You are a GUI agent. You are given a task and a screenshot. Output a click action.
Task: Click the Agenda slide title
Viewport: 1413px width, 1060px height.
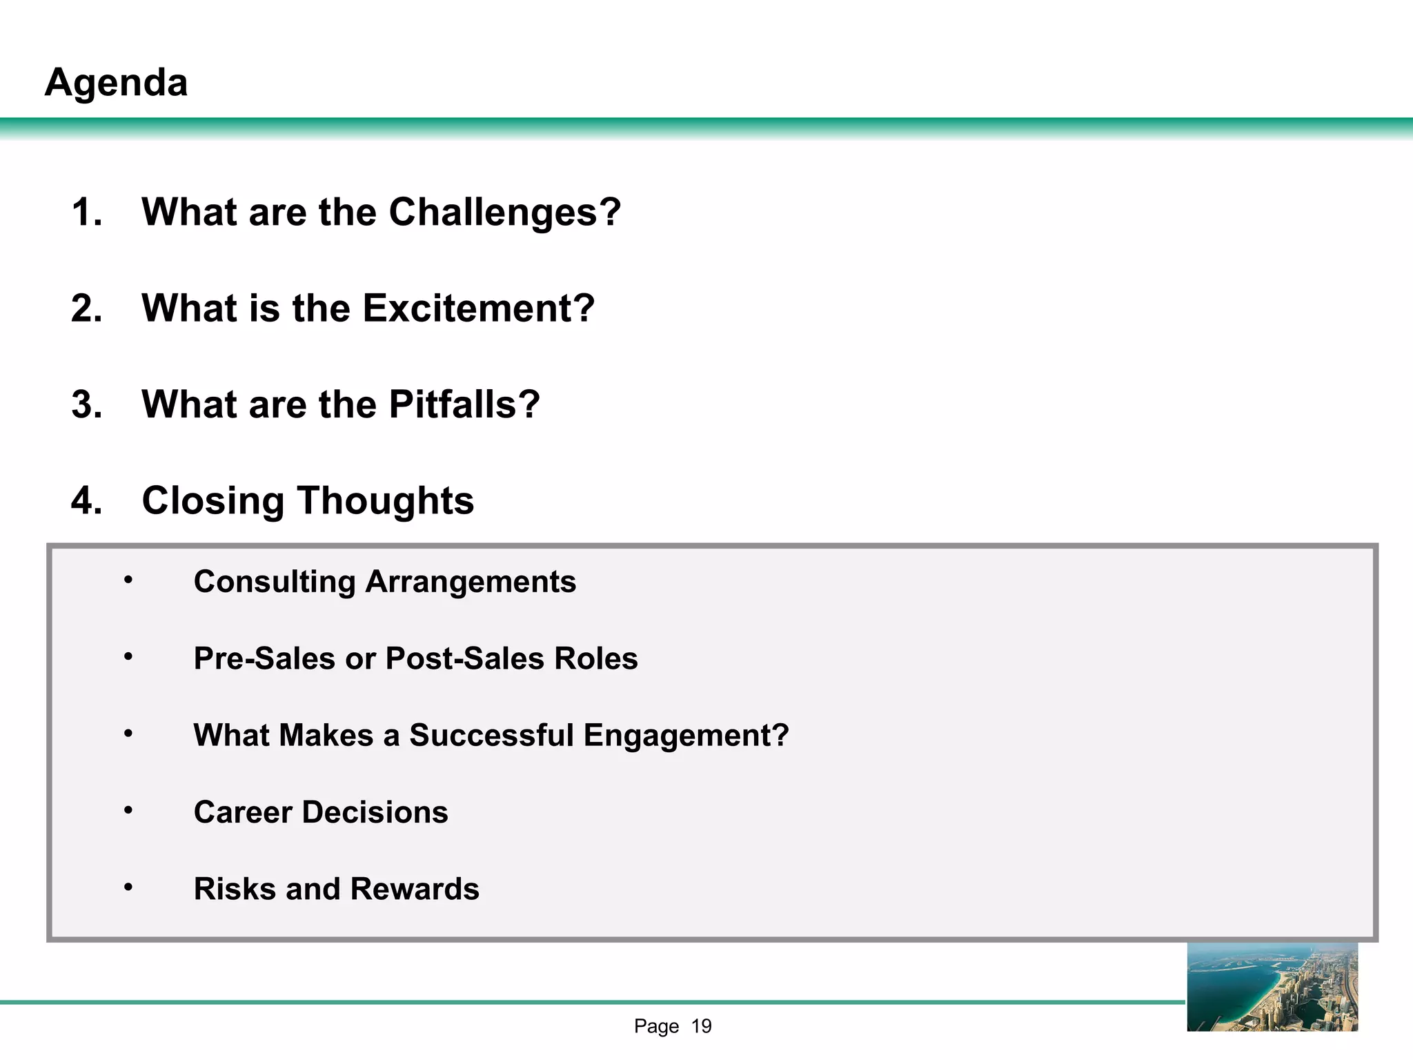tap(116, 83)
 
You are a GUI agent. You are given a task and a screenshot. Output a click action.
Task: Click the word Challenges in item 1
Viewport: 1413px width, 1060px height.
tap(504, 212)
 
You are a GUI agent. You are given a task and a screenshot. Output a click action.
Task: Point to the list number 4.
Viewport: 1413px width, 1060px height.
tap(86, 500)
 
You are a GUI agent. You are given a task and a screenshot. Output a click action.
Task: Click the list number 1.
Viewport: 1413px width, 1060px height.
tap(86, 212)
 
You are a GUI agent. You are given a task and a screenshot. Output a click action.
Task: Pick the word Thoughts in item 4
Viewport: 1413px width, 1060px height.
tap(386, 500)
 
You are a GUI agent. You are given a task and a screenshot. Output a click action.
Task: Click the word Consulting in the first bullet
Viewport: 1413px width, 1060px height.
tap(274, 582)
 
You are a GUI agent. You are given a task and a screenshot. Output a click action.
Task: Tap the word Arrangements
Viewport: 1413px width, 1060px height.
tap(471, 582)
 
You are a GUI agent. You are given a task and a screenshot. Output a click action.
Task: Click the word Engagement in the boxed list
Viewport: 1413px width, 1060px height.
tap(685, 736)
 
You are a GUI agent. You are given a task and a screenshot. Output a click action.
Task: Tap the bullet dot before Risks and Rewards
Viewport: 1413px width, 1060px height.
tap(128, 886)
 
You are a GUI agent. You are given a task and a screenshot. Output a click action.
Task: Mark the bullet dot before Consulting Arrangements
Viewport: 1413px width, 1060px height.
tap(128, 579)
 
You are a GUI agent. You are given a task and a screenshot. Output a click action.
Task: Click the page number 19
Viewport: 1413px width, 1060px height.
tap(701, 1026)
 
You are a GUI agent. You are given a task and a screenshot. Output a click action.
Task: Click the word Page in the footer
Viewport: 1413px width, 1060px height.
tap(656, 1026)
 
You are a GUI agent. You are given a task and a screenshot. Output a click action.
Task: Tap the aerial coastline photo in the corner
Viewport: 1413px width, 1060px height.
tap(1272, 987)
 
